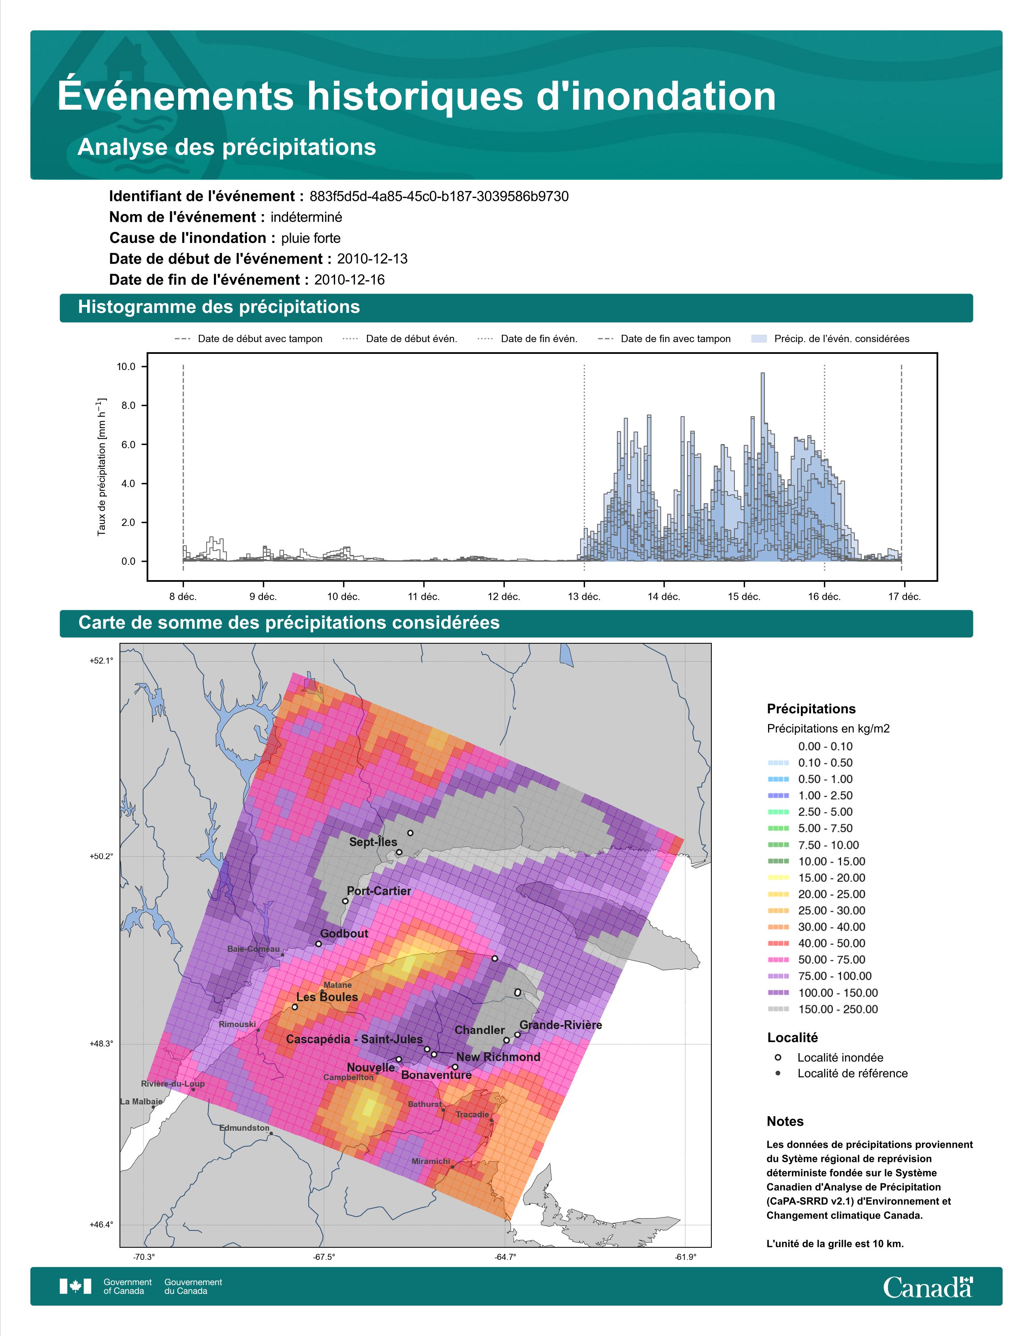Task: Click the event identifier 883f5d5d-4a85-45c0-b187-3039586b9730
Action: pos(439,196)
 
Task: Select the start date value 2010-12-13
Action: pos(372,259)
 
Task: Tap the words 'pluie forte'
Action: pos(311,238)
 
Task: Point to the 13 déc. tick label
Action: pos(584,596)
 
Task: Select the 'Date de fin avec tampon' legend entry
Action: pos(664,339)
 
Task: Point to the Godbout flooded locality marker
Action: pos(318,944)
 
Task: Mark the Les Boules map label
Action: pos(327,997)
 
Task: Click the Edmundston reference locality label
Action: pos(244,1128)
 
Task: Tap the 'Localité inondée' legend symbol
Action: pos(778,1057)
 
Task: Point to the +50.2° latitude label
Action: pos(102,856)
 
